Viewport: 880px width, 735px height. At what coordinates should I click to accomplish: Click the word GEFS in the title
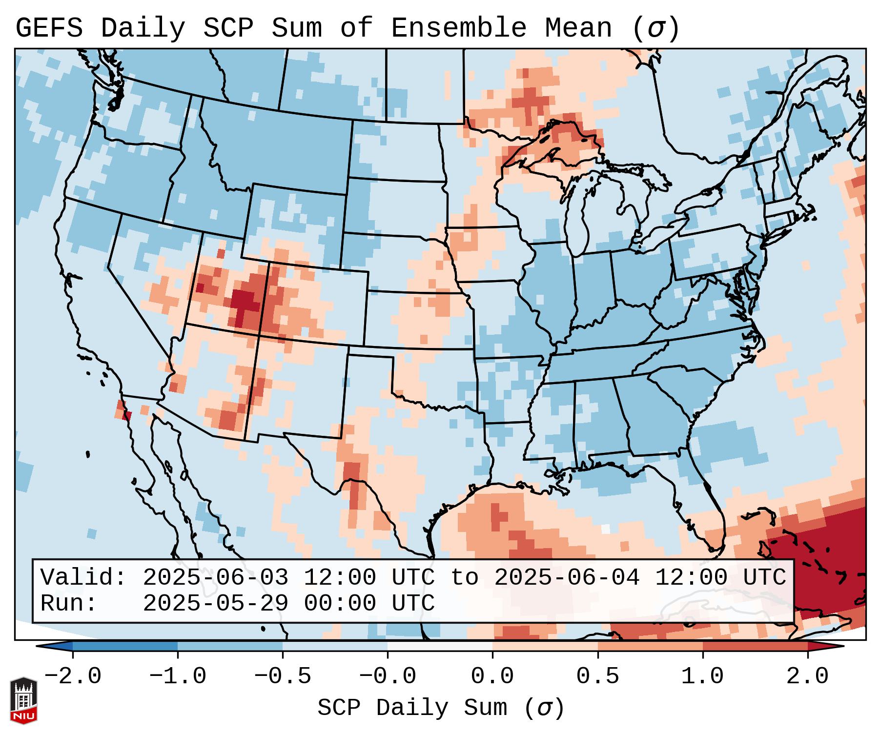coord(49,28)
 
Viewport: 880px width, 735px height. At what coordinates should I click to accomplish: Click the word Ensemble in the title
coord(459,28)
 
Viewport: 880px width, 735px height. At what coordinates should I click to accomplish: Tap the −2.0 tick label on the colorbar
coord(73,676)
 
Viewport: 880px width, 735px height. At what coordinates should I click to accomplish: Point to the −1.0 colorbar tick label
coord(178,676)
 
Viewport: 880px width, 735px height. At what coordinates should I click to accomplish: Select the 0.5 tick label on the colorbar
coord(597,676)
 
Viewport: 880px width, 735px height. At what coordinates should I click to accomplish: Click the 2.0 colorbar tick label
coord(807,676)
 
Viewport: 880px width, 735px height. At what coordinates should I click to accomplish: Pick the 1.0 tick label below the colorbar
coord(702,676)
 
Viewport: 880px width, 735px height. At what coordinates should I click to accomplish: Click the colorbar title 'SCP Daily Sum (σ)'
coord(441,708)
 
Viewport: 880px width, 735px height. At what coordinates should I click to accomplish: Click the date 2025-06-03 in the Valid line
coord(215,577)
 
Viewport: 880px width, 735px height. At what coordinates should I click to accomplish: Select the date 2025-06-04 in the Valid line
coord(567,577)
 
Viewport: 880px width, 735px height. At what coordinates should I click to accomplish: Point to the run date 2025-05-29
coord(215,603)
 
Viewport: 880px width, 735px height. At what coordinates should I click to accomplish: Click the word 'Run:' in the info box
coord(68,603)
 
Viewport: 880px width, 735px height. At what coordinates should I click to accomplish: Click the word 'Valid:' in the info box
coord(83,577)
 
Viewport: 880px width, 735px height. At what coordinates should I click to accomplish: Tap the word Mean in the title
coord(578,28)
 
